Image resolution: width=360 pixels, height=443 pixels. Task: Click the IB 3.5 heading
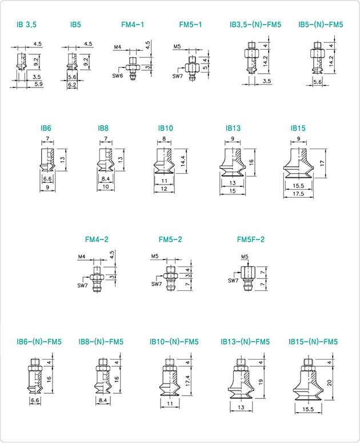[x=26, y=25]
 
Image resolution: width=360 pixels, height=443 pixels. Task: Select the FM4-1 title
[x=133, y=25]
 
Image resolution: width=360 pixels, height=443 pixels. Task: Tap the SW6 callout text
[x=118, y=75]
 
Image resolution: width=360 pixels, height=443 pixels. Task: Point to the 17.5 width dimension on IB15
[x=298, y=194]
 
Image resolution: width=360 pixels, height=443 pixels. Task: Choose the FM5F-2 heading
[x=251, y=240]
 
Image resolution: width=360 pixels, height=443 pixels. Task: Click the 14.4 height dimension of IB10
[x=183, y=161]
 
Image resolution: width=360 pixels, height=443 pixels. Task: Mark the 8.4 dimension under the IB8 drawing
[x=105, y=179]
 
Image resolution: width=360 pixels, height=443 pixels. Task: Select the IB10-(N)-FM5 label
[x=174, y=342]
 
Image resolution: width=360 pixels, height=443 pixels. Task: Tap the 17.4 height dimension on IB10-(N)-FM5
[x=188, y=381]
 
